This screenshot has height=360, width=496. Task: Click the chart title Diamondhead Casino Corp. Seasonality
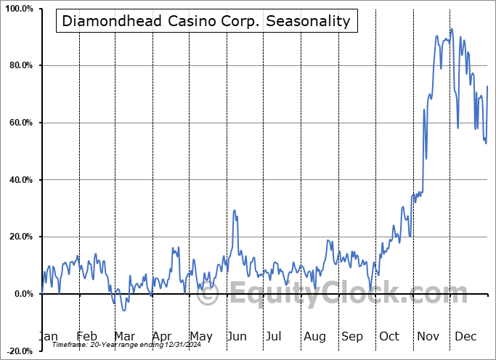point(206,21)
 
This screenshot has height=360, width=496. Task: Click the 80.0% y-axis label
point(20,66)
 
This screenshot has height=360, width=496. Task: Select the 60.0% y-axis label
point(20,123)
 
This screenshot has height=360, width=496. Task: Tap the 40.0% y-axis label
point(20,180)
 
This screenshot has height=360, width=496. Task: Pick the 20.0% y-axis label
point(20,237)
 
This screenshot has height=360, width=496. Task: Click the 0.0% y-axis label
point(22,294)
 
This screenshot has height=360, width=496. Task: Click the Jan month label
point(48,336)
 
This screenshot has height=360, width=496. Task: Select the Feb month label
point(86,336)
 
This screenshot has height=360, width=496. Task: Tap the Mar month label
point(124,336)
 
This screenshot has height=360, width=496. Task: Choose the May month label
point(200,336)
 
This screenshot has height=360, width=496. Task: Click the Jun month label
point(237,336)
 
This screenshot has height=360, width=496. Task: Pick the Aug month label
point(314,336)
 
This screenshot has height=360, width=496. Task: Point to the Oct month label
point(389,336)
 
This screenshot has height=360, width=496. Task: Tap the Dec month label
point(465,336)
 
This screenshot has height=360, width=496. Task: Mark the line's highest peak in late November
point(451,29)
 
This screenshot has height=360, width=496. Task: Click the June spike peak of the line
point(234,210)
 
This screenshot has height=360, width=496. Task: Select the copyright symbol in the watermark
point(208,294)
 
